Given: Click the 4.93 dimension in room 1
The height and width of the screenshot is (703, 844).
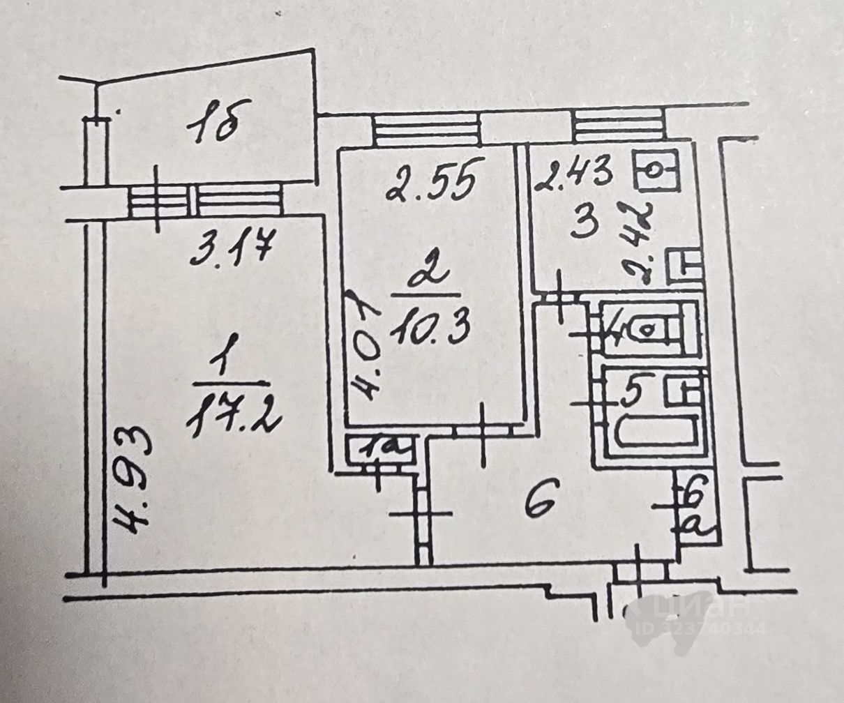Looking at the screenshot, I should (x=133, y=481).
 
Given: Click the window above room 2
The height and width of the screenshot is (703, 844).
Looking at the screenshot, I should (x=425, y=130).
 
